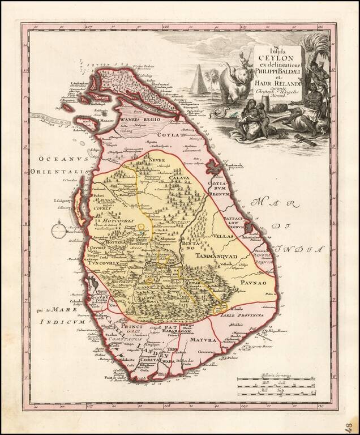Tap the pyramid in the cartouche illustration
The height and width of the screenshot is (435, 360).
coord(200,80)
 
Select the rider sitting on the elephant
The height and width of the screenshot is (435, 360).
coord(245,58)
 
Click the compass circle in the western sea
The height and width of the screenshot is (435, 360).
coord(59,231)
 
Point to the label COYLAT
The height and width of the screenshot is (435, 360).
coord(175,135)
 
